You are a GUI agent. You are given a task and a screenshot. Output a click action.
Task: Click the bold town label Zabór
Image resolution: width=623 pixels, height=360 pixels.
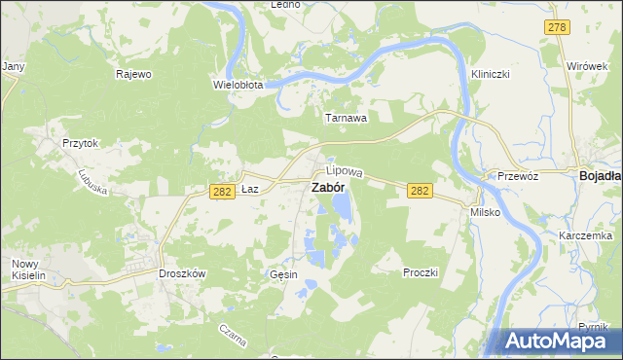coord(327,188)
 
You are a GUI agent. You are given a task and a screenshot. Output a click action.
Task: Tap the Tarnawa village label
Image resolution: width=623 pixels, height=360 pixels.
coord(346,118)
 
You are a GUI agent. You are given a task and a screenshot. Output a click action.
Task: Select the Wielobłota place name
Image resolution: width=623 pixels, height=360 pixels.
coord(238,85)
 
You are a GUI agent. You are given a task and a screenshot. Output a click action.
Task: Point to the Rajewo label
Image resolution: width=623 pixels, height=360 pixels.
coord(133,74)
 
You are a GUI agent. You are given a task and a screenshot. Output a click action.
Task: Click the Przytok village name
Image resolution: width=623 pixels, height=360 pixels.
coord(81,142)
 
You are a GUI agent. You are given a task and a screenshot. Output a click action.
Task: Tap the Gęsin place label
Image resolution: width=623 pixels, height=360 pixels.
coord(282,275)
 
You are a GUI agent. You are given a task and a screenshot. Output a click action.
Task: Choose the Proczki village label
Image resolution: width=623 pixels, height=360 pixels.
coord(421,272)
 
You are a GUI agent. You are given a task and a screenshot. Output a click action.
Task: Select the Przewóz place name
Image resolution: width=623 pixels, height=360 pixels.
coord(518,176)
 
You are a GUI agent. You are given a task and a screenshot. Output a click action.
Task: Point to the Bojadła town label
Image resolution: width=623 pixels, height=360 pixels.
coord(601,176)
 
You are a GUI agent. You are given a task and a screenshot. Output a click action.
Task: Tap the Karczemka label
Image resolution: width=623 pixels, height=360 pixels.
coord(585,236)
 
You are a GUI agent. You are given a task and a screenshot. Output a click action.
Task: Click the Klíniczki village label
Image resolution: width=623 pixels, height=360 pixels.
coord(491,74)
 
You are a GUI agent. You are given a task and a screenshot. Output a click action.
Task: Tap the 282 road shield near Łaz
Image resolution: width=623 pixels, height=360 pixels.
coord(221,192)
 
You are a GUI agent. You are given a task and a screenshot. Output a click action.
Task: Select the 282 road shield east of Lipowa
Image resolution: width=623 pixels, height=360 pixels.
coord(420,192)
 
